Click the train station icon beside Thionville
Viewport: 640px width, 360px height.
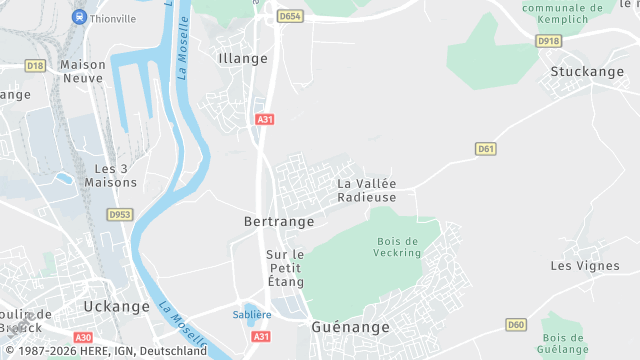pyautogui.click(x=79, y=17)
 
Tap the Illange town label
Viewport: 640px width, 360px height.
pyautogui.click(x=243, y=58)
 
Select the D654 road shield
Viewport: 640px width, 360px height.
pyautogui.click(x=290, y=17)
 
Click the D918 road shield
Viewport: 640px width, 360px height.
pyautogui.click(x=548, y=41)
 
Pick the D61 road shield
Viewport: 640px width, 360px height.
pyautogui.click(x=486, y=149)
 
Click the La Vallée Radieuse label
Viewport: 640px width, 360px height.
pyautogui.click(x=366, y=190)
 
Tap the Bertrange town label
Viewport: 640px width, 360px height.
pyautogui.click(x=279, y=220)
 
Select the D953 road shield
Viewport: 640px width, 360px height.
pyautogui.click(x=120, y=214)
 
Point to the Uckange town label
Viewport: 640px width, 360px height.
pyautogui.click(x=116, y=306)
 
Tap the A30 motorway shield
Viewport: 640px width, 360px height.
pyautogui.click(x=83, y=338)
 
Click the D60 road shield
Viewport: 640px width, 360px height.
pyautogui.click(x=516, y=325)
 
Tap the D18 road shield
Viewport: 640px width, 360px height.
pyautogui.click(x=35, y=65)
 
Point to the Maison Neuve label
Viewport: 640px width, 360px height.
pyautogui.click(x=83, y=71)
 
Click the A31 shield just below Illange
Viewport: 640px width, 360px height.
pyautogui.click(x=264, y=119)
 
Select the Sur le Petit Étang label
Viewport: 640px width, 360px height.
pyautogui.click(x=284, y=268)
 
